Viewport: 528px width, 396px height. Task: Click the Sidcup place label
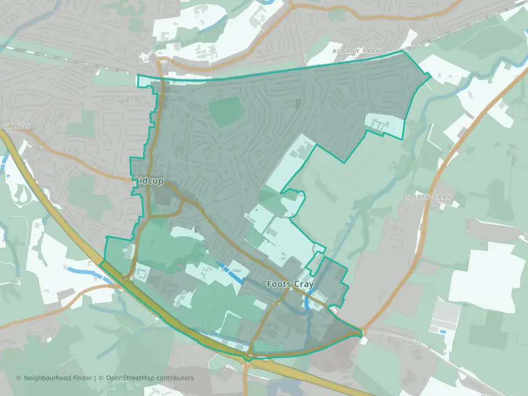[149, 181]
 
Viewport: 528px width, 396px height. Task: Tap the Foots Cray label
[290, 284]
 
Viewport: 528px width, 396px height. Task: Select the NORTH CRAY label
[428, 197]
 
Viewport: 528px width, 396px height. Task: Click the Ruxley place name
[411, 342]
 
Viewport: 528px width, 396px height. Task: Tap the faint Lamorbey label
[156, 59]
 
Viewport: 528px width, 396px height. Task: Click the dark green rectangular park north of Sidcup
[226, 111]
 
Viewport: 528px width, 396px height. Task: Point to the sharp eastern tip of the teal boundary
[362, 332]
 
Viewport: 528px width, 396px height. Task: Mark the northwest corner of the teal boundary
[137, 75]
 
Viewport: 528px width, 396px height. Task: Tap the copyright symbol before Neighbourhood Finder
[19, 378]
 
